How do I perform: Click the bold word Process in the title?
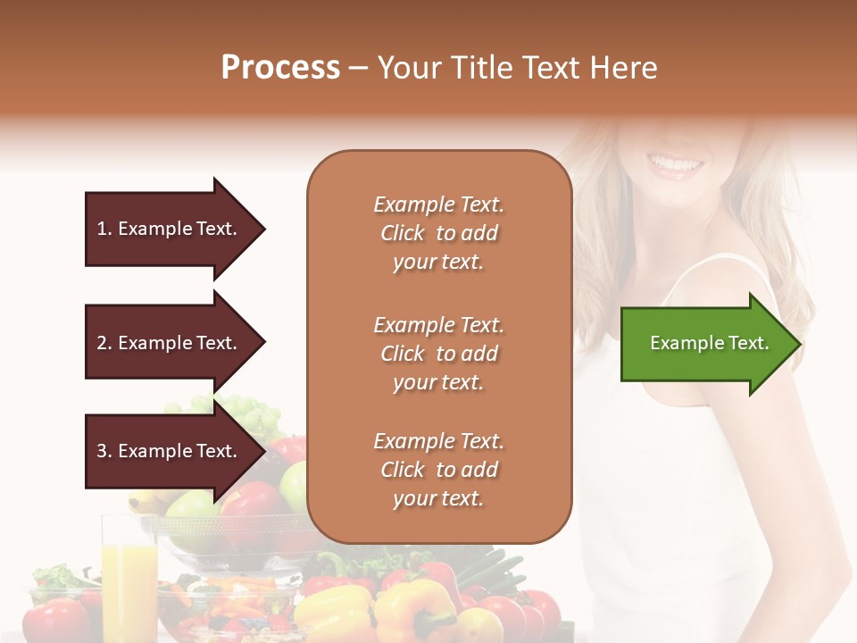[x=280, y=68]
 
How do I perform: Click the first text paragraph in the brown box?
[x=438, y=233]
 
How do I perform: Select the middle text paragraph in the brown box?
[x=438, y=354]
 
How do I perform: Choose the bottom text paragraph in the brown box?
[x=438, y=470]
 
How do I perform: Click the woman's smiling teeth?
[x=676, y=164]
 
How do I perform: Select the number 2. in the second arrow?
[x=104, y=343]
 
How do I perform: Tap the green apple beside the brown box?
[x=293, y=484]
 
